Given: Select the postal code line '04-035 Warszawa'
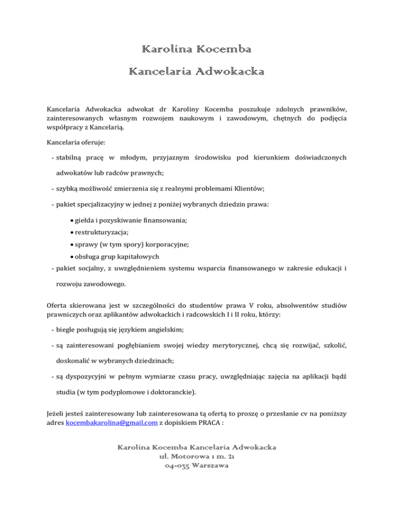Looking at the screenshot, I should click(196, 466).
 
